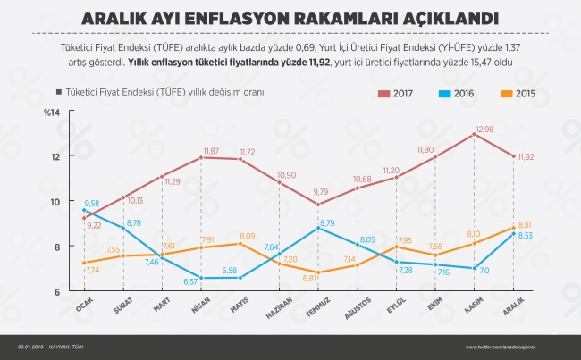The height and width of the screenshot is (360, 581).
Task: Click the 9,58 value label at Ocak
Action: [92, 203]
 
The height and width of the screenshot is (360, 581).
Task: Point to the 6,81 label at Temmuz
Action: [309, 278]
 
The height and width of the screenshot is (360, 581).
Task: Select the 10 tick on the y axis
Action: [55, 201]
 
